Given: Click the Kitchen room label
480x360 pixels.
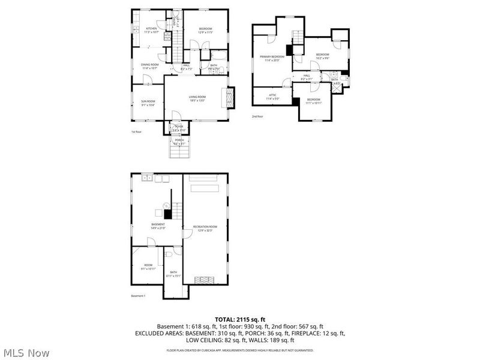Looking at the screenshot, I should [150, 29].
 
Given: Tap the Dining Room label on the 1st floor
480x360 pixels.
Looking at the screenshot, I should [150, 66].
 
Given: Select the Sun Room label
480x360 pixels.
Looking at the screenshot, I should [148, 103].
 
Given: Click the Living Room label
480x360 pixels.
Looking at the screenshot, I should [197, 98].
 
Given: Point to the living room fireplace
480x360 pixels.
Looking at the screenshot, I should [227, 98].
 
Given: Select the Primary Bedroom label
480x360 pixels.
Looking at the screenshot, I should [272, 58].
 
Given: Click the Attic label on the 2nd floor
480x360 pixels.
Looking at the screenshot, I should [272, 96].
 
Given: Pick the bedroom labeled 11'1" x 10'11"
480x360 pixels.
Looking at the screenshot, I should [314, 101].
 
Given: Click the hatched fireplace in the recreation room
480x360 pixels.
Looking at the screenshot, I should [205, 279].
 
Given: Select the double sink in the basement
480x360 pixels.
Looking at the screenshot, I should [147, 179].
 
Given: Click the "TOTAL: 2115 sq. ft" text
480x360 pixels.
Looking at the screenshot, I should [239, 319].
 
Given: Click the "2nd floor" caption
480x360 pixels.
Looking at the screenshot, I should [257, 116].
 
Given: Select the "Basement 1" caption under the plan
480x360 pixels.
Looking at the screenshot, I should [139, 296].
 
